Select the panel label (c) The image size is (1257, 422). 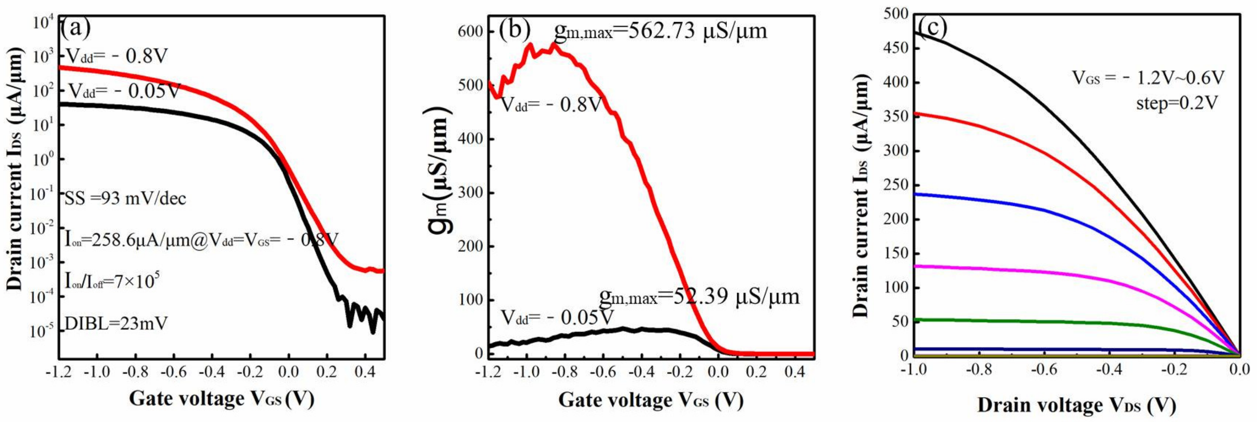pos(933,27)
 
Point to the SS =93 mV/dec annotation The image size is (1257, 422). pos(125,199)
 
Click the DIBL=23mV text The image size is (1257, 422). pos(116,323)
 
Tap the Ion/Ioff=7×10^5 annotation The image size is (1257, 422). pos(112,281)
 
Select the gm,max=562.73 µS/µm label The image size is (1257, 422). pos(660,31)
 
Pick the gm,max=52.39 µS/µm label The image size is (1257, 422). pos(699,296)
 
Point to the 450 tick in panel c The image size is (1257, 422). pos(896,48)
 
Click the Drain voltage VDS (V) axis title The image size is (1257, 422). pos(1076,405)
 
